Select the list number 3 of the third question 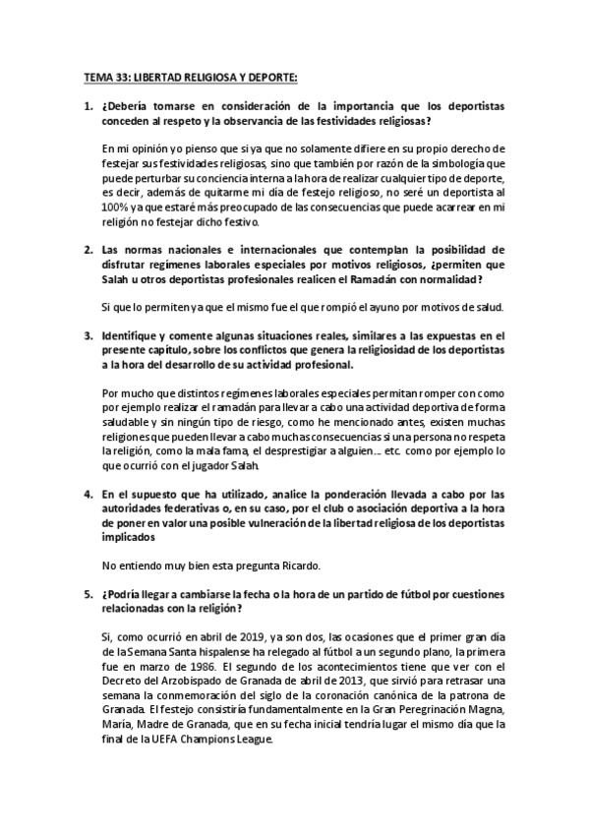point(86,336)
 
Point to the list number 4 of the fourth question point(86,494)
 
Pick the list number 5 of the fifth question point(86,596)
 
